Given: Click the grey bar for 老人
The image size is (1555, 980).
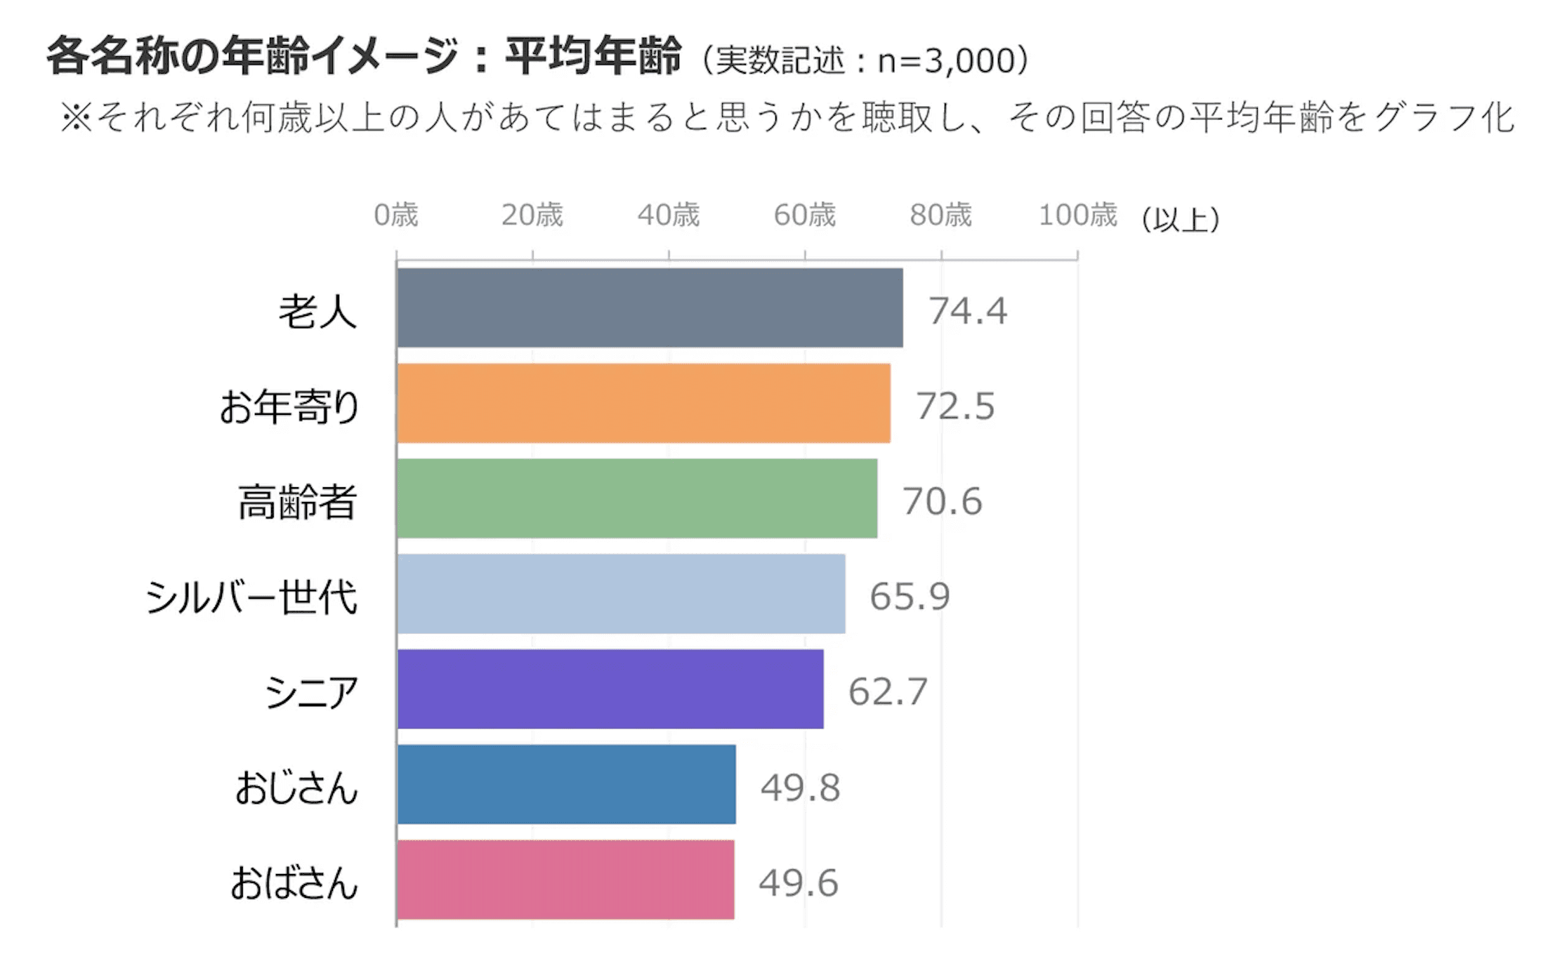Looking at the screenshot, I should point(650,307).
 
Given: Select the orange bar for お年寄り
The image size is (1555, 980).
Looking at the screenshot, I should point(643,403).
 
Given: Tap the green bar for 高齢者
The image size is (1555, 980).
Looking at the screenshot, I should point(637,498).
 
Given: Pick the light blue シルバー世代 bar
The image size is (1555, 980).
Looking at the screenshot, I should point(621,594).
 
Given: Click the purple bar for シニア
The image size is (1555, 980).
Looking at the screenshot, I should point(610,689).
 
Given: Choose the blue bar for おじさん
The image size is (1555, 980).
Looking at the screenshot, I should point(566,784).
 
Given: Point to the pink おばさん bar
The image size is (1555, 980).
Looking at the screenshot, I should point(565,880).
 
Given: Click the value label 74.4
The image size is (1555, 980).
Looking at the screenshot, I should point(968,310).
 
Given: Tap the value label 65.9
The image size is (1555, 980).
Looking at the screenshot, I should point(910,596).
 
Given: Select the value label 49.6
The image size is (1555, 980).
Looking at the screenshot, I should point(799,882).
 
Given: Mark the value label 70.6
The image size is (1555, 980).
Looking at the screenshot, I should point(942,501).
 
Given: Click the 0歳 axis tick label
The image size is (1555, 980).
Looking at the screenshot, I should point(395,215).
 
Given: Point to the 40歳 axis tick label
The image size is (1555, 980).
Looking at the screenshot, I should point(669,215).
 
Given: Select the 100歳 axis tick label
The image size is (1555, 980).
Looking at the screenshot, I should point(1077,215).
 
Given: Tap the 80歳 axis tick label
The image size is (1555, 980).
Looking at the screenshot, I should point(941,215).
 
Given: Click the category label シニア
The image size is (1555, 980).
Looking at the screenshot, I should point(311,692).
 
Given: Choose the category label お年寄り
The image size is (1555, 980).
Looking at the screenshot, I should point(289,406).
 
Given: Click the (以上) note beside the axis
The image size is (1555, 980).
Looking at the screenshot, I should point(1181,219).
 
